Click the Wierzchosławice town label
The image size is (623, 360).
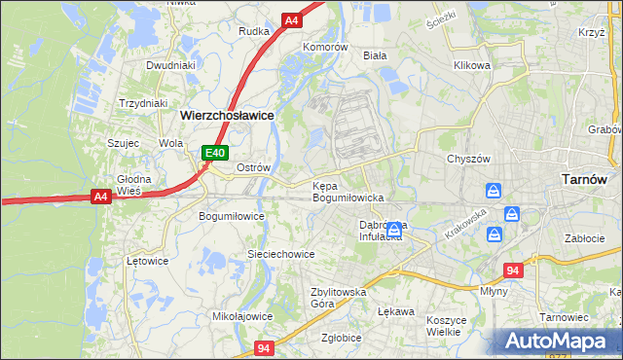pyautogui.click(x=227, y=114)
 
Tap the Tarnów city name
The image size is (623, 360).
pyautogui.click(x=586, y=179)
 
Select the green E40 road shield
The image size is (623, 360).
pyautogui.click(x=215, y=153)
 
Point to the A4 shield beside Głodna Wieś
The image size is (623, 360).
pyautogui.click(x=100, y=197)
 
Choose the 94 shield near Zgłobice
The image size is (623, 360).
pyautogui.click(x=266, y=347)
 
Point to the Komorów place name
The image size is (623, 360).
pyautogui.click(x=325, y=47)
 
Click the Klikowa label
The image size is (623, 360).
pyautogui.click(x=471, y=66)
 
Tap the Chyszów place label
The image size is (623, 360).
pyautogui.click(x=466, y=159)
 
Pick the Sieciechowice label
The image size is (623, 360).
pyautogui.click(x=280, y=254)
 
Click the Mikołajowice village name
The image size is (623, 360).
pyautogui.click(x=242, y=316)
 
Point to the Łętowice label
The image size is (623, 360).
pyautogui.click(x=148, y=261)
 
